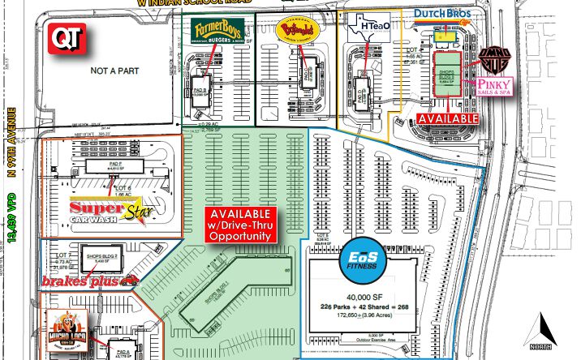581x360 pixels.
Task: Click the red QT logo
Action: click(x=64, y=36)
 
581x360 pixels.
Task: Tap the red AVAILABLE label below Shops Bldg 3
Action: click(x=448, y=118)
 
